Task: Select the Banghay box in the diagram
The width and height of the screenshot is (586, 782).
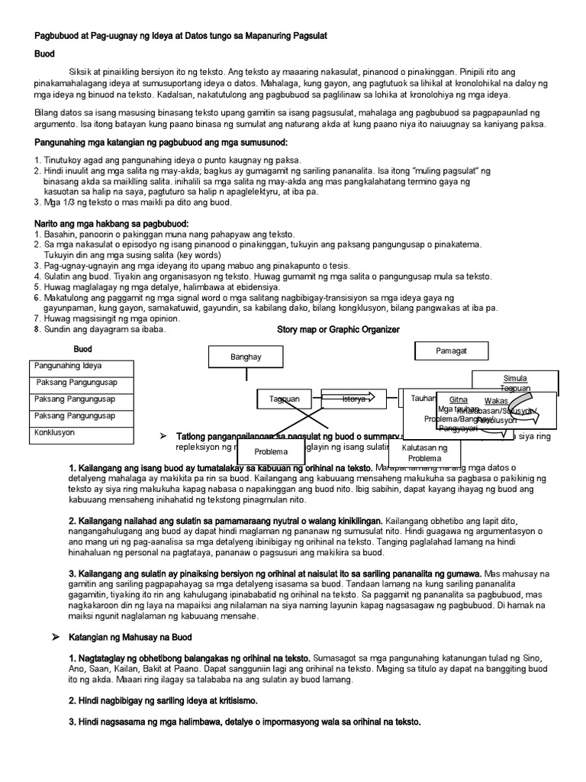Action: coord(246,357)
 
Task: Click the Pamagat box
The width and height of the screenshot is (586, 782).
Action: coord(450,351)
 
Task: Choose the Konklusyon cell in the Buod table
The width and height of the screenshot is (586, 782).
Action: coord(54,432)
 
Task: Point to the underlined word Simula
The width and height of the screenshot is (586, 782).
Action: coord(516,378)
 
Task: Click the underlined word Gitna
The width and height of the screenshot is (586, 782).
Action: coord(459,399)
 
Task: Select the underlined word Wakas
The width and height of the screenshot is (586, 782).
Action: coord(497,400)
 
